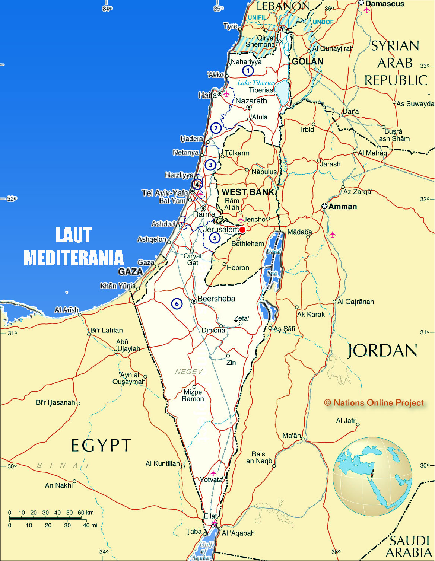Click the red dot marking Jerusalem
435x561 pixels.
pyautogui.click(x=242, y=230)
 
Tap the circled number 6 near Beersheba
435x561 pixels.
pyautogui.click(x=177, y=304)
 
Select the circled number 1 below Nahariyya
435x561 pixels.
pyautogui.click(x=248, y=70)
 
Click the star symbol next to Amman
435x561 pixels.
pyautogui.click(x=324, y=206)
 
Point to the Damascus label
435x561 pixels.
pyautogui.click(x=385, y=4)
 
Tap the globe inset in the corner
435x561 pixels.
pyautogui.click(x=372, y=476)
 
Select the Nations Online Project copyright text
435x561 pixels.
pyautogui.click(x=374, y=403)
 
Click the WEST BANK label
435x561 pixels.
pyautogui.click(x=248, y=192)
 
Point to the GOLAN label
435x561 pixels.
pyautogui.click(x=308, y=61)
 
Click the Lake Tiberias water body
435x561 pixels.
pyautogui.click(x=282, y=92)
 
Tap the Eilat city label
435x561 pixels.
pyautogui.click(x=210, y=516)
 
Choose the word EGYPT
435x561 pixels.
pyautogui.click(x=101, y=445)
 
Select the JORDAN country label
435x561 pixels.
pyautogui.click(x=382, y=351)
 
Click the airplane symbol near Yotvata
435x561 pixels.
pyautogui.click(x=213, y=473)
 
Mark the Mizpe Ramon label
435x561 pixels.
pyautogui.click(x=193, y=395)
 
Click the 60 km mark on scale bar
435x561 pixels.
pyautogui.click(x=81, y=518)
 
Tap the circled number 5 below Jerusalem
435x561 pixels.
pyautogui.click(x=215, y=238)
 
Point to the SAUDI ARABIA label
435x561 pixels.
pyautogui.click(x=409, y=546)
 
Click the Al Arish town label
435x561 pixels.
pyautogui.click(x=67, y=310)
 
